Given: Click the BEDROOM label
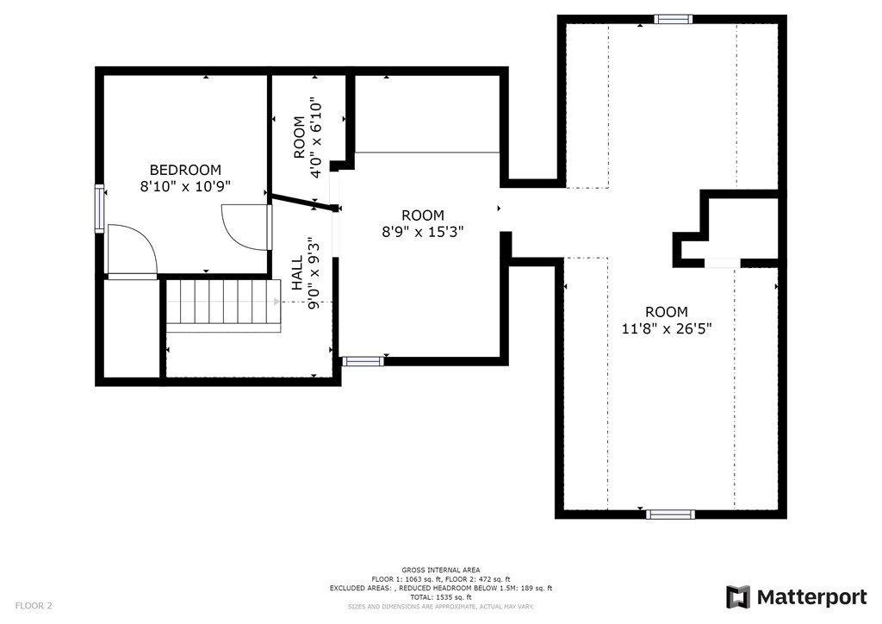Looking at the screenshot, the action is [185, 170].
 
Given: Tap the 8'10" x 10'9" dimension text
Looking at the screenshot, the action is [185, 186].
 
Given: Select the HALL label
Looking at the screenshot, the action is [297, 273].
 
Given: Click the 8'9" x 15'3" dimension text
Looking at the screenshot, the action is [423, 231].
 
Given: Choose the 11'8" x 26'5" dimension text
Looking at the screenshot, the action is [667, 328].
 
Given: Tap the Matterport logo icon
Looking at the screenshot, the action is [738, 597].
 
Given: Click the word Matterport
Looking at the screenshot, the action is [811, 597].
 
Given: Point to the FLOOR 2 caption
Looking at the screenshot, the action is [34, 606].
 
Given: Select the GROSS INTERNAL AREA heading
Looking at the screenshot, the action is [441, 570].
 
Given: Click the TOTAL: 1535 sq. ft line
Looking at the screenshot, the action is [441, 597].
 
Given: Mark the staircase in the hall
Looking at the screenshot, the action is [223, 302].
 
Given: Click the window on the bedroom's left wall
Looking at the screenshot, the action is [100, 209].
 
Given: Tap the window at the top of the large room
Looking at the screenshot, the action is [673, 19].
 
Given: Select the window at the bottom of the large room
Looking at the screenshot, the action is [670, 515].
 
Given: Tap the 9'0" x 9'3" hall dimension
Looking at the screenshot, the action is [314, 273].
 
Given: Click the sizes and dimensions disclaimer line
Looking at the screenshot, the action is [441, 607].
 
